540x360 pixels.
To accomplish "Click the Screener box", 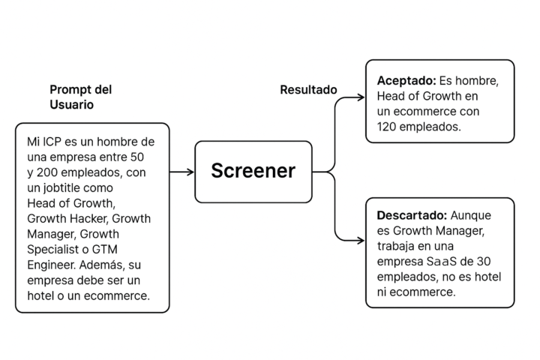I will tap(253, 172).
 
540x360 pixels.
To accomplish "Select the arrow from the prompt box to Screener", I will tap(181, 172).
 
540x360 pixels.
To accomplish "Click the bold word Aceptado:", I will tap(406, 80).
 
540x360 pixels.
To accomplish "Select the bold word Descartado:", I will tap(412, 215).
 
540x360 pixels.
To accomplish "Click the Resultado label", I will tap(308, 89).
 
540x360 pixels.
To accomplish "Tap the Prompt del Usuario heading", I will tap(80, 97).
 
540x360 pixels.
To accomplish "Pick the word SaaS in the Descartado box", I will tap(441, 262).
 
